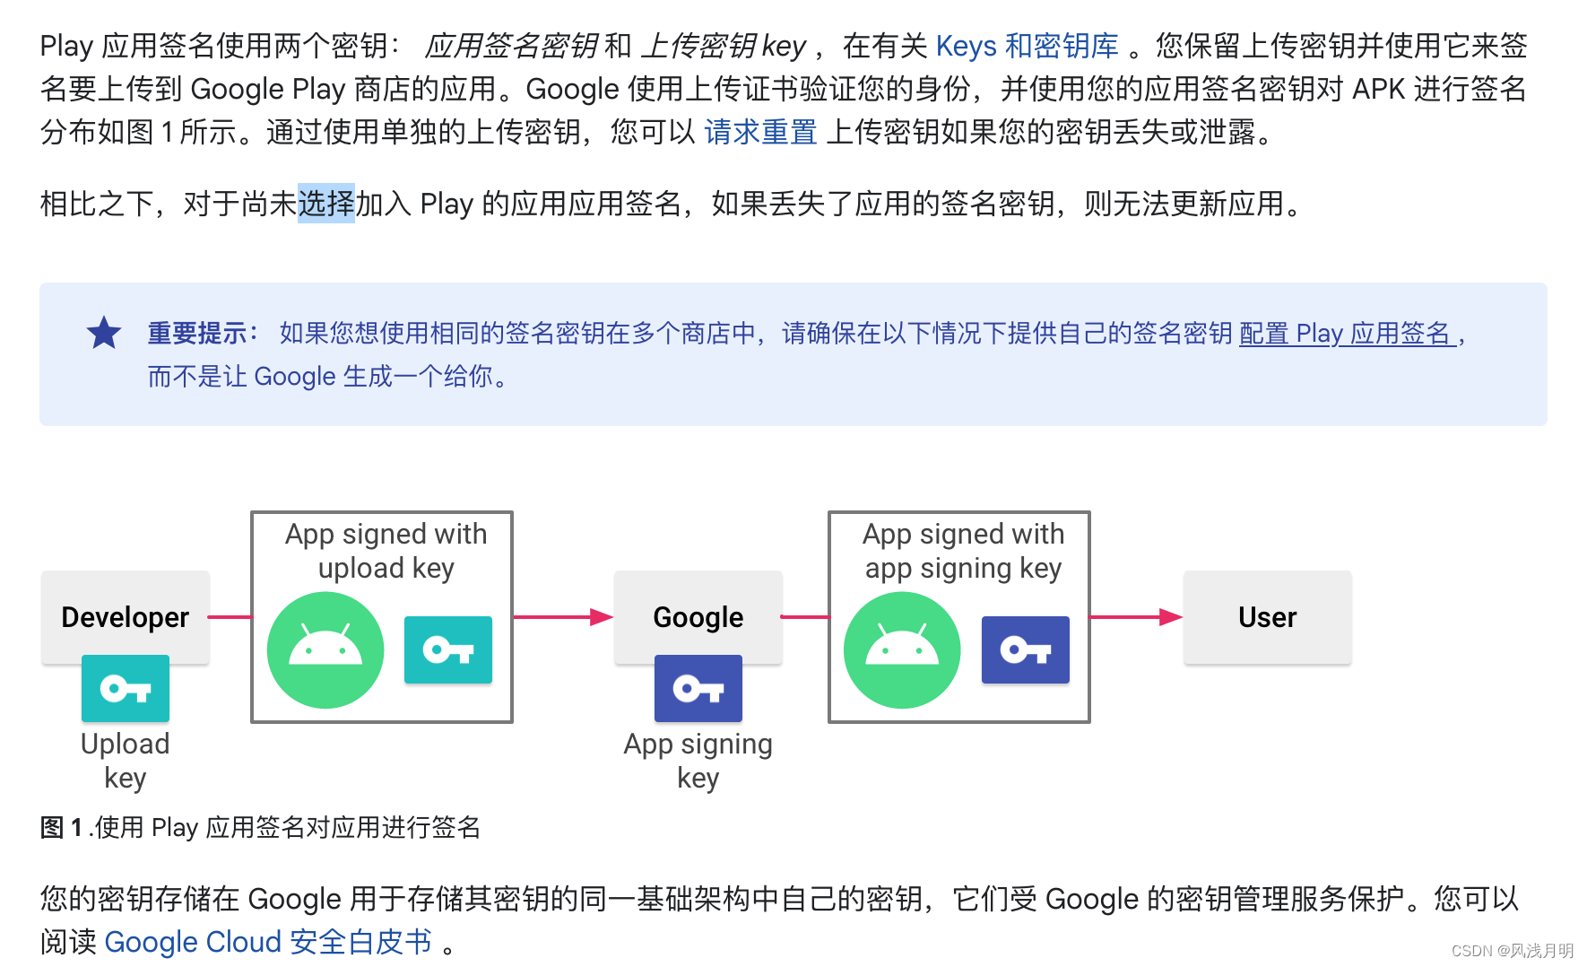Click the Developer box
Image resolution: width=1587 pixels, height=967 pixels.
coord(126,617)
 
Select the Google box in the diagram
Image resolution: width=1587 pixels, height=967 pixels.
coord(698,617)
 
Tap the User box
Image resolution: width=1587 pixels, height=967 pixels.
coord(1267,617)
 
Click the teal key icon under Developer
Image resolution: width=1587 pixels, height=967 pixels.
coord(126,688)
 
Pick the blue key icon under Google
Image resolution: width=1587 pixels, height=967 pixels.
coord(698,688)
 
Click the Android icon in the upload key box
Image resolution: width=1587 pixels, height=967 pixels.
coord(325,650)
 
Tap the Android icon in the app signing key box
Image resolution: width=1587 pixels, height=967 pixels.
coord(902,650)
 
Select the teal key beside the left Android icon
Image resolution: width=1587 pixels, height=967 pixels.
coord(448,649)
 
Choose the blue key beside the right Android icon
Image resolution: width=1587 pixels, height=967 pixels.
coord(1025,649)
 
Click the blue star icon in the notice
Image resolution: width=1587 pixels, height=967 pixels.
coord(104,333)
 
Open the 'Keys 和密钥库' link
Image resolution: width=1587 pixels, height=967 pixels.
coord(1027,46)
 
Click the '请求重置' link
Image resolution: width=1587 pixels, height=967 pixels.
coord(760,132)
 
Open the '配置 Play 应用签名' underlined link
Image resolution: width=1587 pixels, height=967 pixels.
coord(1346,334)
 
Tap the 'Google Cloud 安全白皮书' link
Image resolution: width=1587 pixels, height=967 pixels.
coord(268,942)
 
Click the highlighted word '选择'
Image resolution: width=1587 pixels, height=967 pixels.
coord(326,204)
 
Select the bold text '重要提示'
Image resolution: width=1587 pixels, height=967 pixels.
coord(197,334)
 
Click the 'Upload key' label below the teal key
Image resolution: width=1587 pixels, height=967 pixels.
coord(126,760)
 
